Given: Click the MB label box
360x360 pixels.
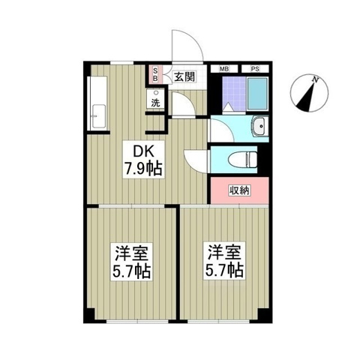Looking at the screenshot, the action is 224,69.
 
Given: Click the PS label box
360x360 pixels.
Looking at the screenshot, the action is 255,69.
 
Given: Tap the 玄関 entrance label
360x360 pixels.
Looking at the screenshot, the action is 184,76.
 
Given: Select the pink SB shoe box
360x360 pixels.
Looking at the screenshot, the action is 155,75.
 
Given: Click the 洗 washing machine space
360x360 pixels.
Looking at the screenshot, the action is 156,98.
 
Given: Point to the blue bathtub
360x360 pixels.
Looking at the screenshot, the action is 257,93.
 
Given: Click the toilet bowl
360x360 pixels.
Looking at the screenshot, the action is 243,160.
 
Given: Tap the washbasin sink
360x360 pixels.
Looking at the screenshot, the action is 260,126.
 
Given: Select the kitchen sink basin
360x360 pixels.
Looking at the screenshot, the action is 98,116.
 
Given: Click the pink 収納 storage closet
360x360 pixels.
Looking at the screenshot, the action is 239,190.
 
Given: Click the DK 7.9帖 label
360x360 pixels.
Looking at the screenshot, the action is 143,160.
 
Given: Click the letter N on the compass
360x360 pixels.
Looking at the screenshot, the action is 316,79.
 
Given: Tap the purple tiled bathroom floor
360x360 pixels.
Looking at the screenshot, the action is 234,94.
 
